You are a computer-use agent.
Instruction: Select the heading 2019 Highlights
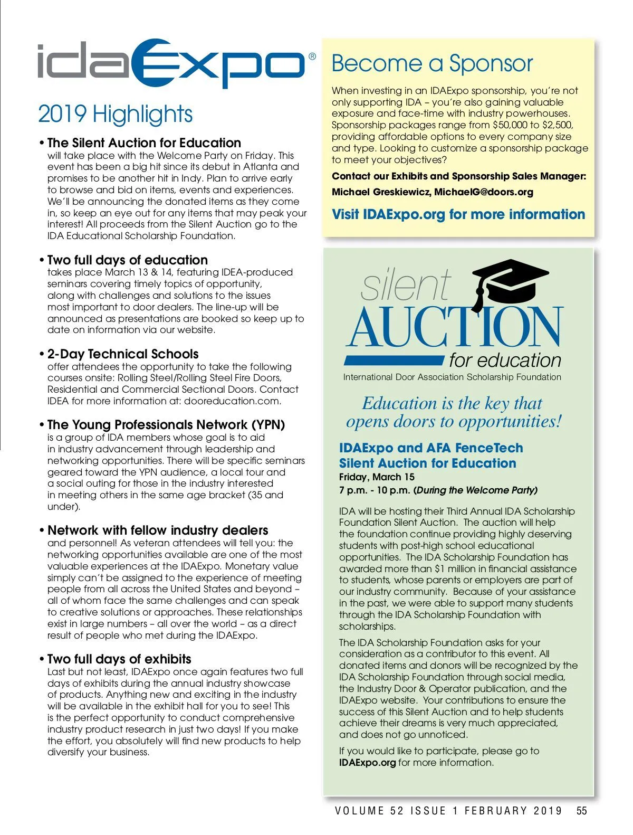click(115, 114)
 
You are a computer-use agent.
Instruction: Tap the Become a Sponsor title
click(432, 64)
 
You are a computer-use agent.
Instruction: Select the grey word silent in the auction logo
click(405, 286)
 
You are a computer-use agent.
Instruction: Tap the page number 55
click(581, 811)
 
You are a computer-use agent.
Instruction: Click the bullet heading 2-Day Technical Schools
click(122, 354)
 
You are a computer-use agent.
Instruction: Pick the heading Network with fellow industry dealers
click(157, 530)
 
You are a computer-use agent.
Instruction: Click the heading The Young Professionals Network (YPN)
click(166, 424)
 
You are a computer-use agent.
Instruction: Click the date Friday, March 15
click(377, 477)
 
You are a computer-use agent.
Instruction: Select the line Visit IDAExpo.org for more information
click(458, 214)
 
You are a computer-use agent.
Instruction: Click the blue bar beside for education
click(394, 360)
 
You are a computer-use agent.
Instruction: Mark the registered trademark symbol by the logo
click(312, 56)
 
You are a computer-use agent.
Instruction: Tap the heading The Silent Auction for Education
click(143, 143)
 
